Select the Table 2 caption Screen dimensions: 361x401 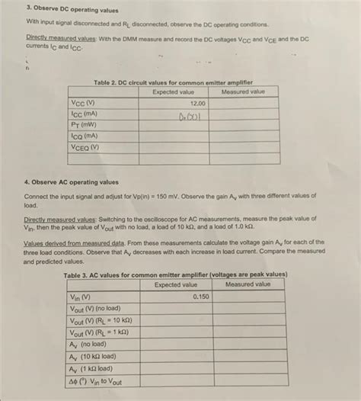pos(173,82)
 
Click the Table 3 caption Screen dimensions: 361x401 pos(175,274)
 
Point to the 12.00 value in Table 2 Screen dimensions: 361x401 pos(197,102)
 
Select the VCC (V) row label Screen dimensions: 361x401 pos(81,102)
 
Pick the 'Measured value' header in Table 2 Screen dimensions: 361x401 pos(243,91)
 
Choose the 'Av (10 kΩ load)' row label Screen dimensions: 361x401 pos(92,356)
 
